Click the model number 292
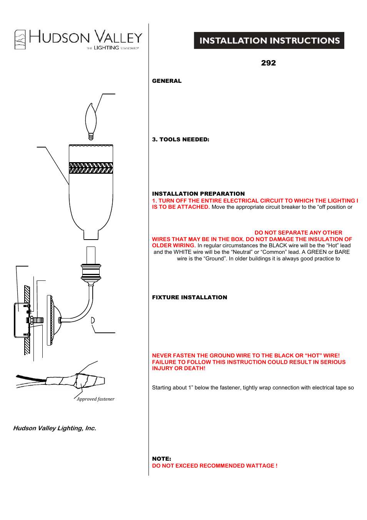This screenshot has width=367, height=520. (268, 63)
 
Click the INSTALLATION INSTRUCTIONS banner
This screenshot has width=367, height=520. (269, 40)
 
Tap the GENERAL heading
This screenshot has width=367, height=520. (167, 81)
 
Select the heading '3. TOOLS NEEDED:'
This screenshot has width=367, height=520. (180, 139)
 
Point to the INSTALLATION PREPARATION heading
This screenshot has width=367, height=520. (198, 194)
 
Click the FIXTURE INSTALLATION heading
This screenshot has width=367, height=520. (189, 297)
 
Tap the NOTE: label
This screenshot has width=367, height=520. (162, 459)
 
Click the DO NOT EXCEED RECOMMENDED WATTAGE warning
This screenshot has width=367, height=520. (214, 466)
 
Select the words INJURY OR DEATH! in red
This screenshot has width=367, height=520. (178, 368)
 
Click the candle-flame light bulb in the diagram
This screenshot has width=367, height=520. (91, 120)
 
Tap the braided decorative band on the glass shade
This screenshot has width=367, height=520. (91, 168)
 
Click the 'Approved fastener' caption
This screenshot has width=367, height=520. (95, 399)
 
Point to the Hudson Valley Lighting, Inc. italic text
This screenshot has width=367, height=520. (55, 428)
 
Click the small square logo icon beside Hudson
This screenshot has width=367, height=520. (20, 40)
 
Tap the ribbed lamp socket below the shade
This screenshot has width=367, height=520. (91, 272)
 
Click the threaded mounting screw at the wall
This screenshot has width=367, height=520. (37, 320)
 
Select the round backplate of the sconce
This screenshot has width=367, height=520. (50, 320)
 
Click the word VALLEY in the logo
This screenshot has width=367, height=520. (118, 37)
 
